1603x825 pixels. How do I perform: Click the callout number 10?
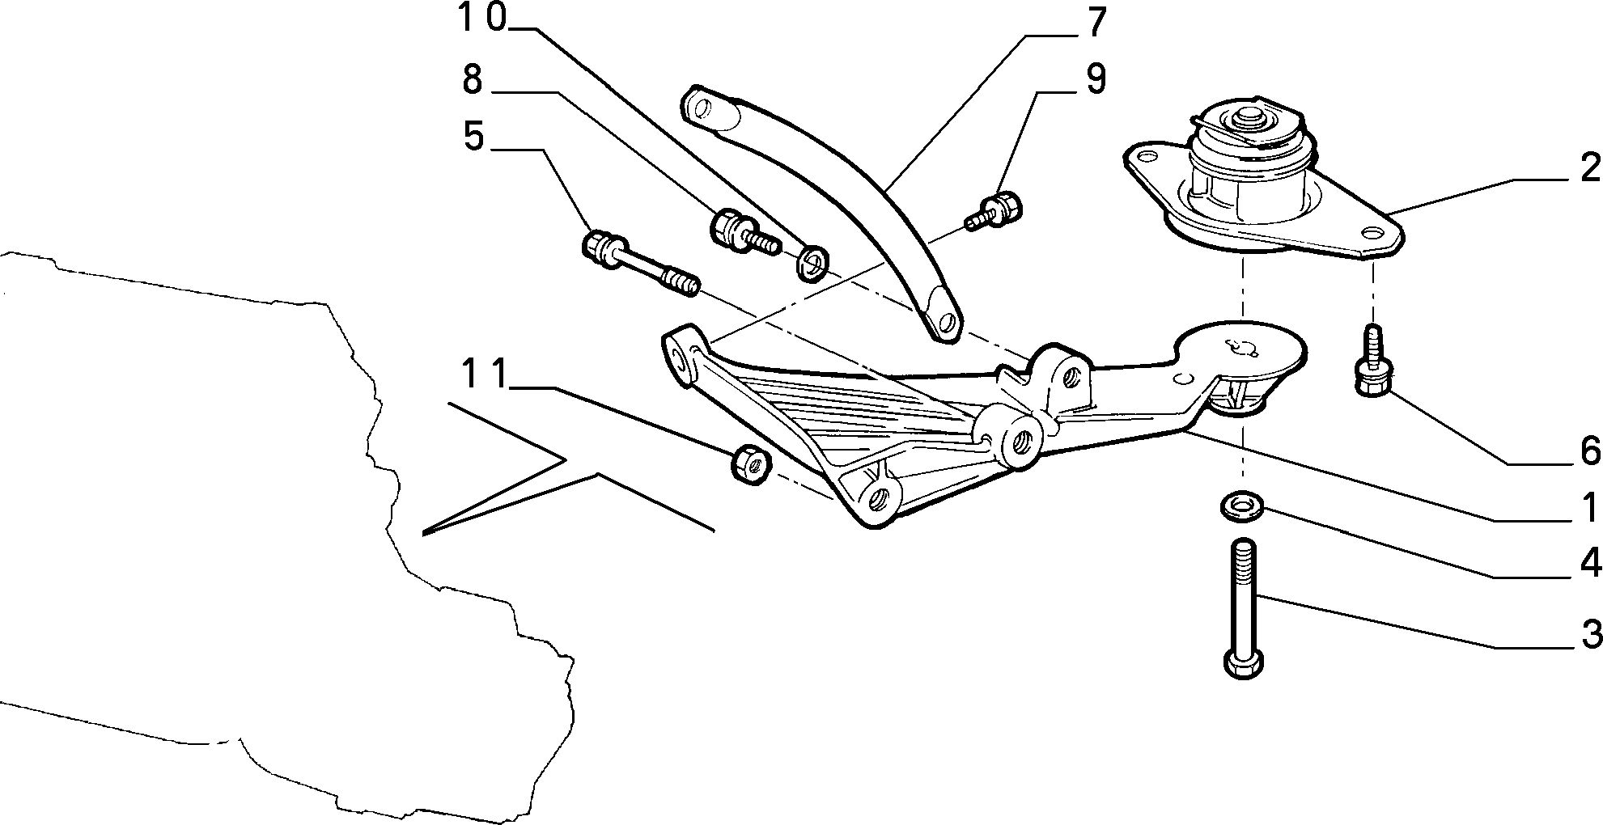pyautogui.click(x=483, y=18)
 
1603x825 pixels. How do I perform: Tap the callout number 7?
pyautogui.click(x=1096, y=22)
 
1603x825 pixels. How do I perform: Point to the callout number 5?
pyautogui.click(x=473, y=137)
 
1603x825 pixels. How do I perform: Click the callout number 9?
pyautogui.click(x=1096, y=79)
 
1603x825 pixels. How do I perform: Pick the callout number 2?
pyautogui.click(x=1589, y=168)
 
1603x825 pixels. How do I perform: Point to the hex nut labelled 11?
pyautogui.click(x=751, y=464)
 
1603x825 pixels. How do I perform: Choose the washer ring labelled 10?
pyautogui.click(x=815, y=264)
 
